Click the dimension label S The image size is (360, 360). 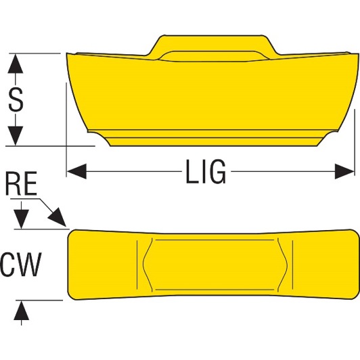tap(16, 99)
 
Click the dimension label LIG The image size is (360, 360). tap(206, 171)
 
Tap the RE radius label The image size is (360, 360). tap(21, 183)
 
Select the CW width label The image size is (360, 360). tap(21, 264)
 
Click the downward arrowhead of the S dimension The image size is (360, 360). tap(16, 136)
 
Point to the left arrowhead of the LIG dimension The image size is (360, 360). tap(76, 171)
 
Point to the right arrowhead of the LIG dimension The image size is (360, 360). tap(344, 171)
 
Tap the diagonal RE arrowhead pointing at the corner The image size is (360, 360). tap(58, 217)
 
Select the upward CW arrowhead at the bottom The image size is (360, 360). tap(22, 310)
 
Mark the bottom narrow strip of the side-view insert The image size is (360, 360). tap(214, 141)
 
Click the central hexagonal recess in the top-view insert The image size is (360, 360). tap(215, 265)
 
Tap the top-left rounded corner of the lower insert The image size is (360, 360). tap(71, 233)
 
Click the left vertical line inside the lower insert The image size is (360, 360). tap(137, 265)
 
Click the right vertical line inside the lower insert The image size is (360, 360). tap(292, 265)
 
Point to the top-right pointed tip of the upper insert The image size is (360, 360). tap(358, 54)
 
